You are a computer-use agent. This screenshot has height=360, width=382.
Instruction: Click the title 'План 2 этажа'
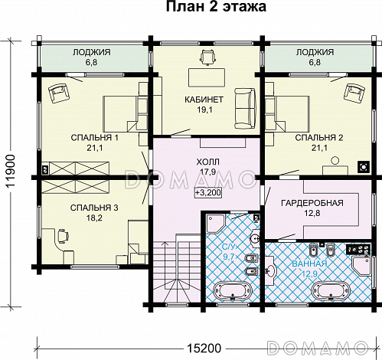click(216, 7)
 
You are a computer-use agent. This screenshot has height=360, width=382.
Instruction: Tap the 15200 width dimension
click(204, 348)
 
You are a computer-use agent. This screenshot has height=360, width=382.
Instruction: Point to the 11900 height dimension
click(11, 172)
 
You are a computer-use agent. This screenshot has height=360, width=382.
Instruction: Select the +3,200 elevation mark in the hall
click(208, 192)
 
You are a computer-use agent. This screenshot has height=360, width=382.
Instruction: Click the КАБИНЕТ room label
click(204, 100)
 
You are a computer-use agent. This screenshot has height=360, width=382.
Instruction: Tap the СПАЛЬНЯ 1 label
click(95, 138)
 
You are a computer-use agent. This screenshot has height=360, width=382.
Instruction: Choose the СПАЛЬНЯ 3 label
click(94, 208)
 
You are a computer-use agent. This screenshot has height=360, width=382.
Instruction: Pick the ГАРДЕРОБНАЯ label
click(312, 203)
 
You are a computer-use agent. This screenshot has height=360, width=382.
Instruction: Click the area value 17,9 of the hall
click(208, 172)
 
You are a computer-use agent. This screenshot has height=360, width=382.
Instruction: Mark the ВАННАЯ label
click(309, 263)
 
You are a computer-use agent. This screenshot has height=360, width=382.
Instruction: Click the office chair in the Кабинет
click(207, 57)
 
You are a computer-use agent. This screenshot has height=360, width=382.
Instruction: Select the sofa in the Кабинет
click(245, 108)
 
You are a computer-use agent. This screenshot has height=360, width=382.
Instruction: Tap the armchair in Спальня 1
click(59, 93)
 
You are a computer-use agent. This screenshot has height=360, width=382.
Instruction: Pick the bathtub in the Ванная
click(331, 291)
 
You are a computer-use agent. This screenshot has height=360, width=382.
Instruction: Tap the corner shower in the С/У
click(215, 223)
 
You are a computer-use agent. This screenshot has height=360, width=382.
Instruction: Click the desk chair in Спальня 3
click(63, 236)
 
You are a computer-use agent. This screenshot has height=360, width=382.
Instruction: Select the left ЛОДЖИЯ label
click(91, 57)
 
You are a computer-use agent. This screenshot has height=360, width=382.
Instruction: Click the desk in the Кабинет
click(207, 77)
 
